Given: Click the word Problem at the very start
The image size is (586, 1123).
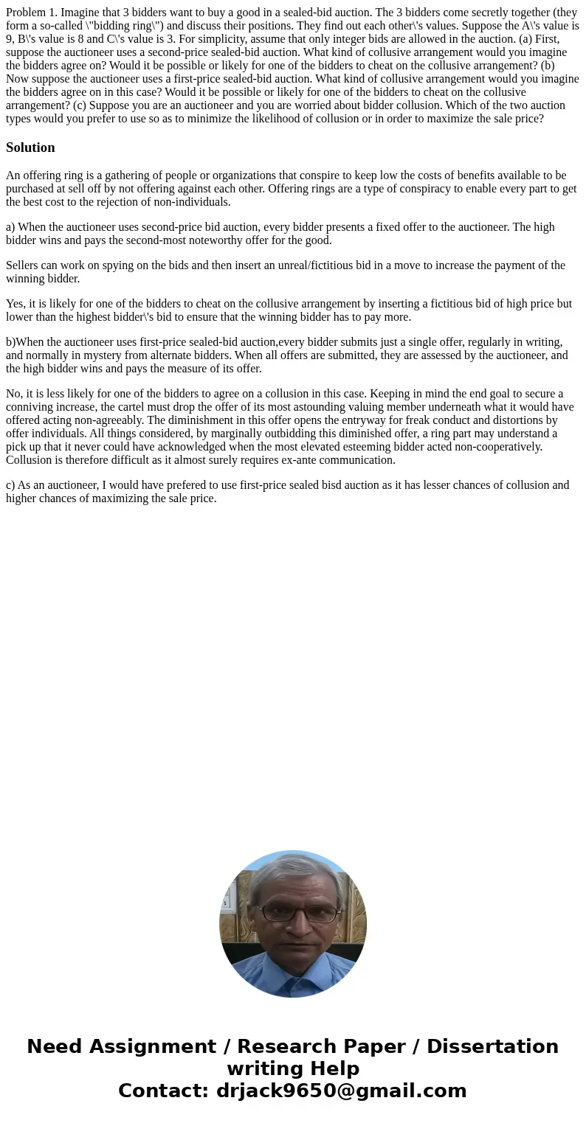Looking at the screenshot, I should point(27,12).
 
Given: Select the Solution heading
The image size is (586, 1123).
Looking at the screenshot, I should point(30,147).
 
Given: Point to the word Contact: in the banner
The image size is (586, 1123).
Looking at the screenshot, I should point(163,1091).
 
